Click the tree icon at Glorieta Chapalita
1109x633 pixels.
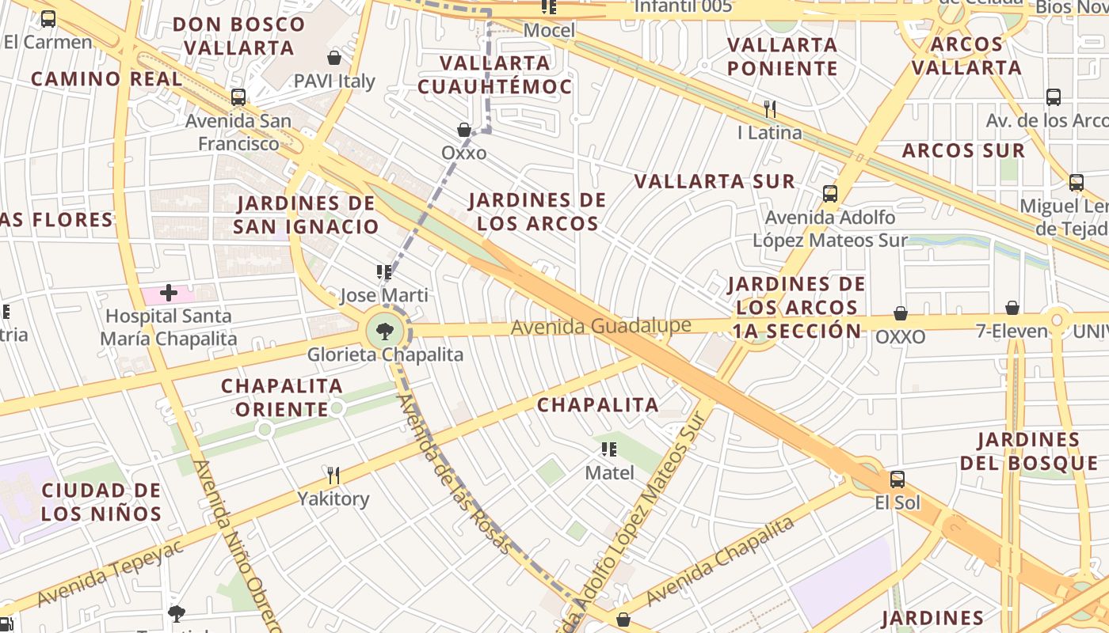point(385,331)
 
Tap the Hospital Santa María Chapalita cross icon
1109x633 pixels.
point(168,293)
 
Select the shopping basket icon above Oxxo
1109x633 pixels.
point(464,129)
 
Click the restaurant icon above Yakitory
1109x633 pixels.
point(333,475)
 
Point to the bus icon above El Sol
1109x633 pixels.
point(897,479)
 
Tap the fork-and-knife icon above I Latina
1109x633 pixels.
point(769,108)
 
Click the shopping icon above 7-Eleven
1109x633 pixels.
point(1012,308)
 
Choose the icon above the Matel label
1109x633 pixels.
point(609,449)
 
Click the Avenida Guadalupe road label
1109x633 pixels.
point(600,326)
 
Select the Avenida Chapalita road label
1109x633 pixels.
point(719,561)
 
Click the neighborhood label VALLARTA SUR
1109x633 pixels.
point(715,182)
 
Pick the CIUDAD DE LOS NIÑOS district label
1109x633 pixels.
point(101,502)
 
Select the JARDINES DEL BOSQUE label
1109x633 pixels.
point(1028,451)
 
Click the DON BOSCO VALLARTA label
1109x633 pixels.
point(238,36)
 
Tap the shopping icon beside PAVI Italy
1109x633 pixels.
point(334,58)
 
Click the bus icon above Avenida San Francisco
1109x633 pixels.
point(238,97)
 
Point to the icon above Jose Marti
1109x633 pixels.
point(384,272)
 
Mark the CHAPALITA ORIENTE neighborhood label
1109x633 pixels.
point(281,397)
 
